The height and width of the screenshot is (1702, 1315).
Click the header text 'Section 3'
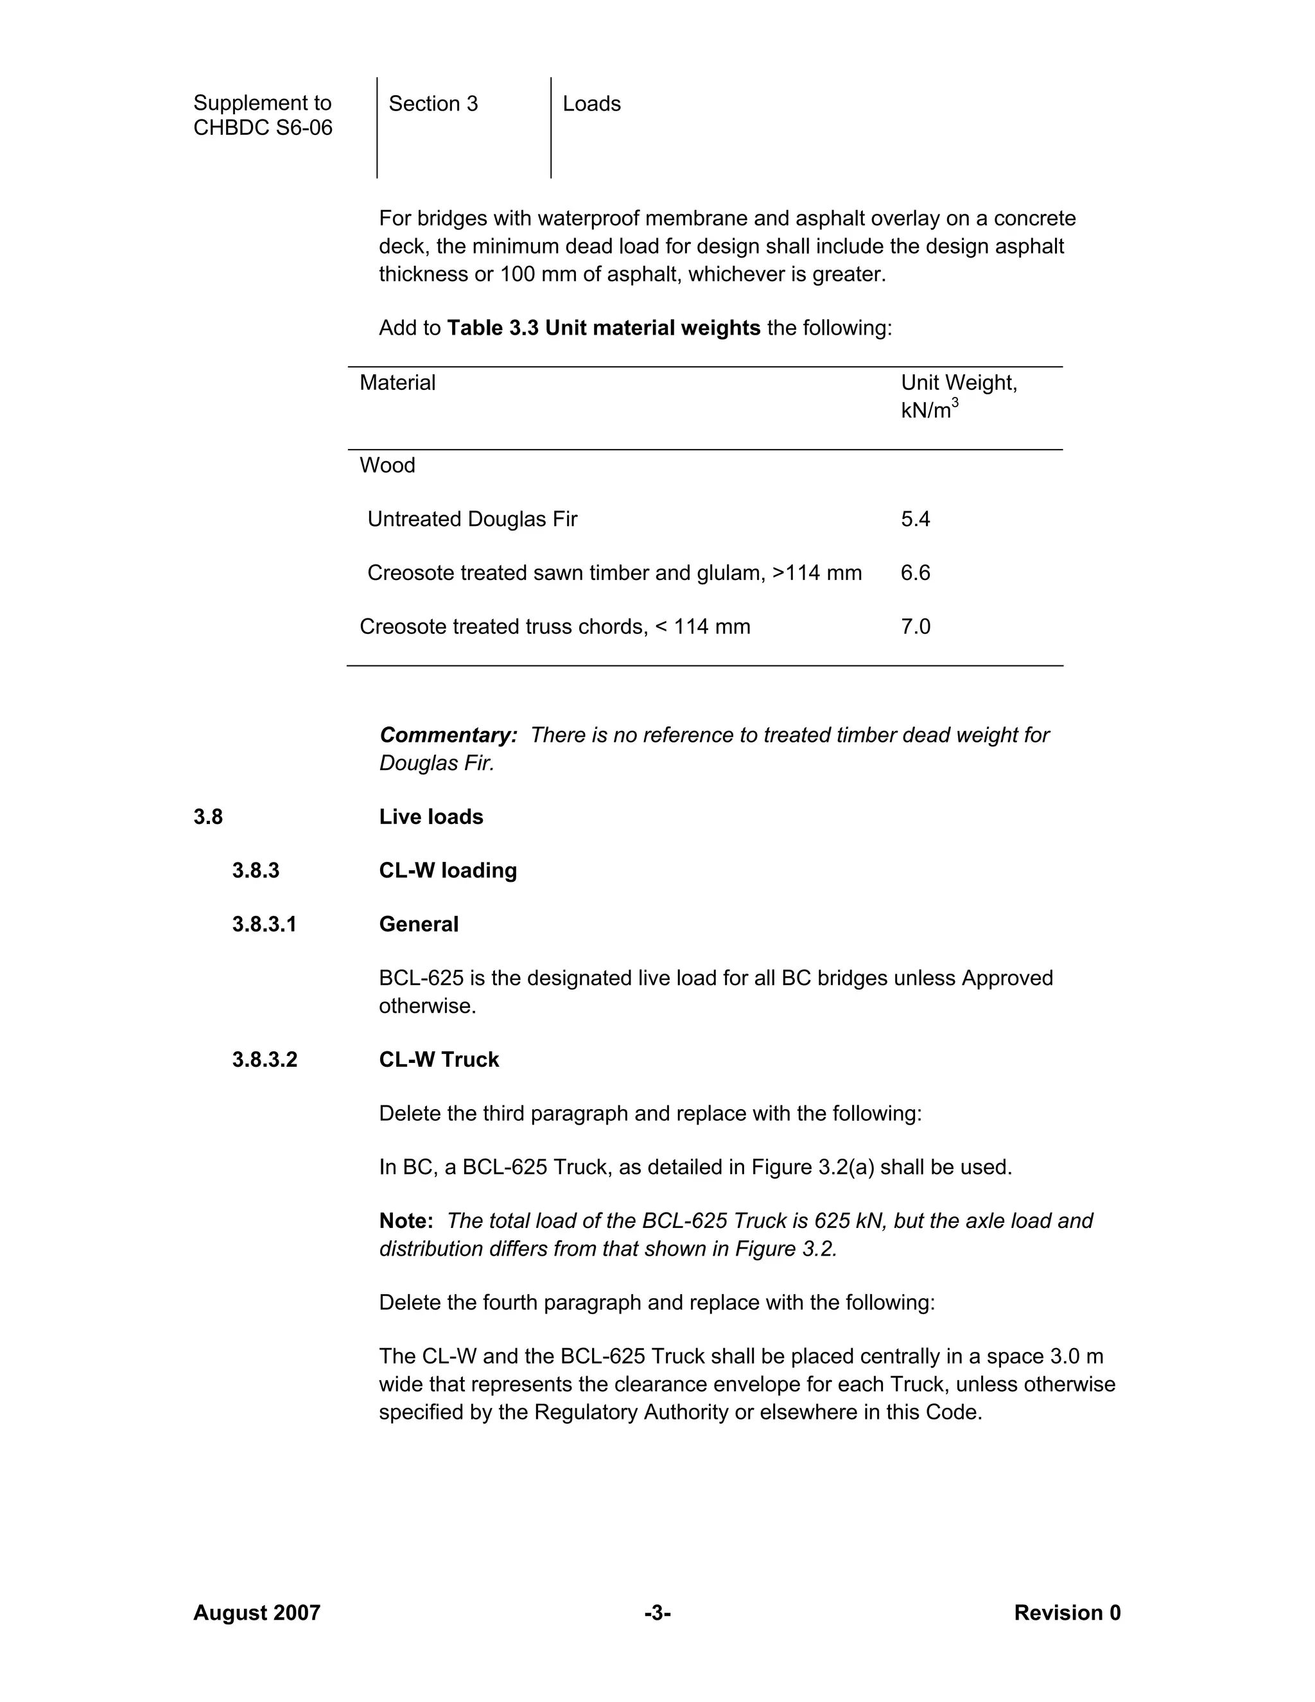pos(433,103)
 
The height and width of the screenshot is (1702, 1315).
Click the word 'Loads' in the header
pos(591,103)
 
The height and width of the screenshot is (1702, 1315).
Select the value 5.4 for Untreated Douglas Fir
pos(916,519)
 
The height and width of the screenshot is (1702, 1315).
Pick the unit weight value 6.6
pos(916,573)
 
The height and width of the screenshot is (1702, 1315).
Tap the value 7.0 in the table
pos(916,627)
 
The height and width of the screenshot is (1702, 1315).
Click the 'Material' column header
pos(397,383)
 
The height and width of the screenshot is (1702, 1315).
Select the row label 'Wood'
pos(387,465)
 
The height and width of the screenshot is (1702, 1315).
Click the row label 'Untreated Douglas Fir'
pos(472,519)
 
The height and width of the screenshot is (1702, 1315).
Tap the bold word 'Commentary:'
pos(448,735)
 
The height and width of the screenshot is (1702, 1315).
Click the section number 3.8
pos(208,817)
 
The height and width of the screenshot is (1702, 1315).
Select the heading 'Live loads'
pos(431,817)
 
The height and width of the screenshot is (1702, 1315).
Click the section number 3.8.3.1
pos(264,924)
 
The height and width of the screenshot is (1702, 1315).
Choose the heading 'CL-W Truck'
pos(439,1060)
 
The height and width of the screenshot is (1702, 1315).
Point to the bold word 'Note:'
pos(406,1220)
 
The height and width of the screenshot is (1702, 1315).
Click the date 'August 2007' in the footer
pos(256,1612)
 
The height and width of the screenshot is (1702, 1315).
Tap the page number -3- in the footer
pos(657,1612)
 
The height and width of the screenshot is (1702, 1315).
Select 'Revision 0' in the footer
pos(1067,1612)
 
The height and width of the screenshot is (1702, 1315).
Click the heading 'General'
pos(419,924)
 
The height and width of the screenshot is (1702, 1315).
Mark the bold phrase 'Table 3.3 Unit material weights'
pos(603,328)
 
